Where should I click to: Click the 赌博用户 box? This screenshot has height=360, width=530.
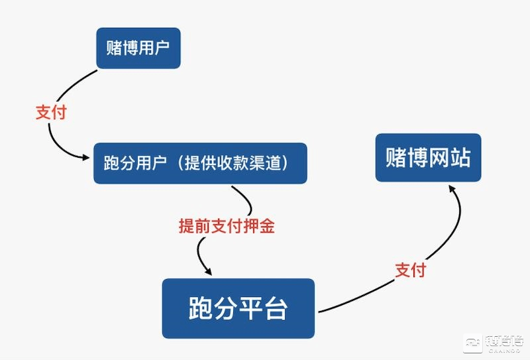coord(138,48)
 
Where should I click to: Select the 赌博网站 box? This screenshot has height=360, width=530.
coord(428,157)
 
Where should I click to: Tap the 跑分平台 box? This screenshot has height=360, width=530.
coord(238,308)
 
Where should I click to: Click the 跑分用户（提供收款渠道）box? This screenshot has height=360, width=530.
coord(200,163)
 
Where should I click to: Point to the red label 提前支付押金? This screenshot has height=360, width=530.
coord(227,225)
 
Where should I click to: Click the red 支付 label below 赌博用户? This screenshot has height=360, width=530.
coord(51,112)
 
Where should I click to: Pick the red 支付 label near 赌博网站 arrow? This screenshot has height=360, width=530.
coord(410,270)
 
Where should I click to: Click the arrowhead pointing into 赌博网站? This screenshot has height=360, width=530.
coord(452,188)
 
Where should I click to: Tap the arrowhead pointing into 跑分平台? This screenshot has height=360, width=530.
coord(208,271)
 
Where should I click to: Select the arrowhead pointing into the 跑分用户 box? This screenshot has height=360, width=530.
coord(85,157)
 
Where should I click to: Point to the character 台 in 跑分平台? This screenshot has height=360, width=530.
coord(276,308)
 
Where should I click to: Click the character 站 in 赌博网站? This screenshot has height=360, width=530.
coord(460,157)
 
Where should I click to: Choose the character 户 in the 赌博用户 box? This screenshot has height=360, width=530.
coord(161,48)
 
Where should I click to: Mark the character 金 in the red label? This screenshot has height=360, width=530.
coord(267,225)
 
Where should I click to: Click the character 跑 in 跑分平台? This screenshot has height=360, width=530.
coord(200,308)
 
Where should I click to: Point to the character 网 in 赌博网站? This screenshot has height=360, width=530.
coord(439,157)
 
